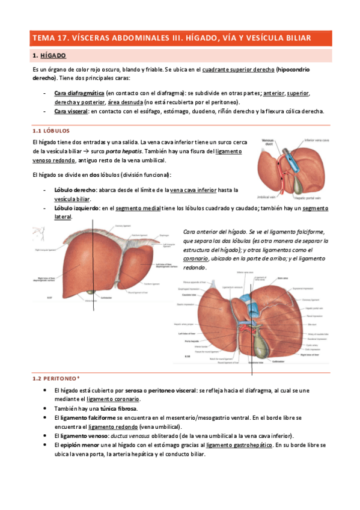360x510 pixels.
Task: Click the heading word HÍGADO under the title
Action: pyautogui.click(x=54, y=56)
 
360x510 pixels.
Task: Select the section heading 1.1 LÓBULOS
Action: pyautogui.click(x=51, y=130)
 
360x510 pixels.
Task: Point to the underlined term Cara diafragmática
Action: pyautogui.click(x=79, y=94)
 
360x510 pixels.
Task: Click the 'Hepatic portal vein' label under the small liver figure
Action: pyautogui.click(x=312, y=197)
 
